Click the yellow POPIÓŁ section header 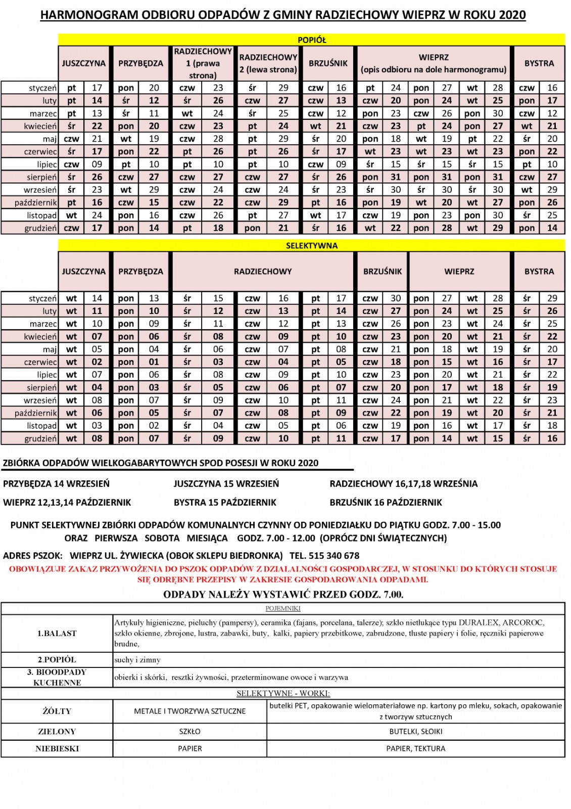(311, 40)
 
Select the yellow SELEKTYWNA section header (311, 246)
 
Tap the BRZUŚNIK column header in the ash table (328, 63)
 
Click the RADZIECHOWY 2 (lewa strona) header (268, 63)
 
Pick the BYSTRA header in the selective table (539, 272)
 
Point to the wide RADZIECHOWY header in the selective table (263, 272)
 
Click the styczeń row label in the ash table (42, 88)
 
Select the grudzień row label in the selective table (40, 439)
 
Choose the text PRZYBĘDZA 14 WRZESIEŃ (56, 484)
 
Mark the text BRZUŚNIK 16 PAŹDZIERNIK (386, 503)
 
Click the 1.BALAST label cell (57, 634)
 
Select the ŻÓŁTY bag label (57, 711)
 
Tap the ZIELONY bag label (57, 732)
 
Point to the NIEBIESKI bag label (57, 749)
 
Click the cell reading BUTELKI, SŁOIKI (415, 732)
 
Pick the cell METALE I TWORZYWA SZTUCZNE (189, 711)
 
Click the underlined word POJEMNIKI (283, 608)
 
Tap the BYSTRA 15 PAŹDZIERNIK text (225, 503)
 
